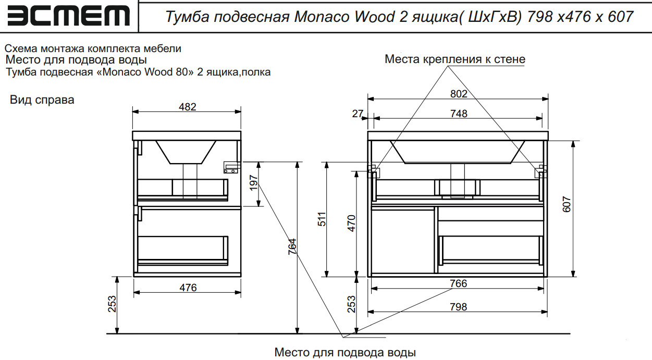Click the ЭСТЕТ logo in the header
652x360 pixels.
67,16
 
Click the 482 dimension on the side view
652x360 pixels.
188,107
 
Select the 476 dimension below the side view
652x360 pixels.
188,288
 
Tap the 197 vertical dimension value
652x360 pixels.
254,183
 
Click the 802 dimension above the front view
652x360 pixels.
459,94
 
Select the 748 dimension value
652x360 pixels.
459,114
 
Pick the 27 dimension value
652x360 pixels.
357,114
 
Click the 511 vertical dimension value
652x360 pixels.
322,219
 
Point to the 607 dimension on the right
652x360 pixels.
568,204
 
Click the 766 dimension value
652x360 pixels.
459,284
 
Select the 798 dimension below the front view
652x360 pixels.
459,307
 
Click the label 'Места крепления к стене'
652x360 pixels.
454,59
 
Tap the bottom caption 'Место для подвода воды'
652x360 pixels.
345,353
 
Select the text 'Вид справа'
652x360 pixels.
42,100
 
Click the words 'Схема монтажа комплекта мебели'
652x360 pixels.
93,49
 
